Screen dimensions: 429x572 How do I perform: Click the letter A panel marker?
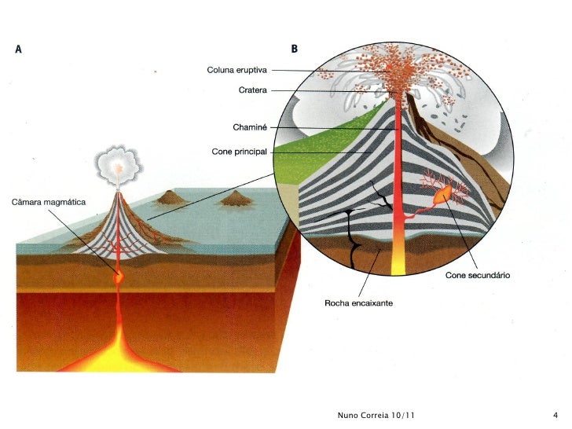17,49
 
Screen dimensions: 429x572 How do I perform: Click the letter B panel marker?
294,49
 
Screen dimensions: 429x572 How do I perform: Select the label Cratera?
253,90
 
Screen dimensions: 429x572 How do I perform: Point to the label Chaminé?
251,127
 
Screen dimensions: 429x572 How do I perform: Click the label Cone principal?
240,151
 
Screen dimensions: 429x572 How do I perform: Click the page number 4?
555,414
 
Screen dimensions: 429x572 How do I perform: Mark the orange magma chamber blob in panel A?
119,276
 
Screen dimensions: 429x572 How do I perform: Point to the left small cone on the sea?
170,198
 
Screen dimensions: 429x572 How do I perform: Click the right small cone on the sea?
233,200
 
